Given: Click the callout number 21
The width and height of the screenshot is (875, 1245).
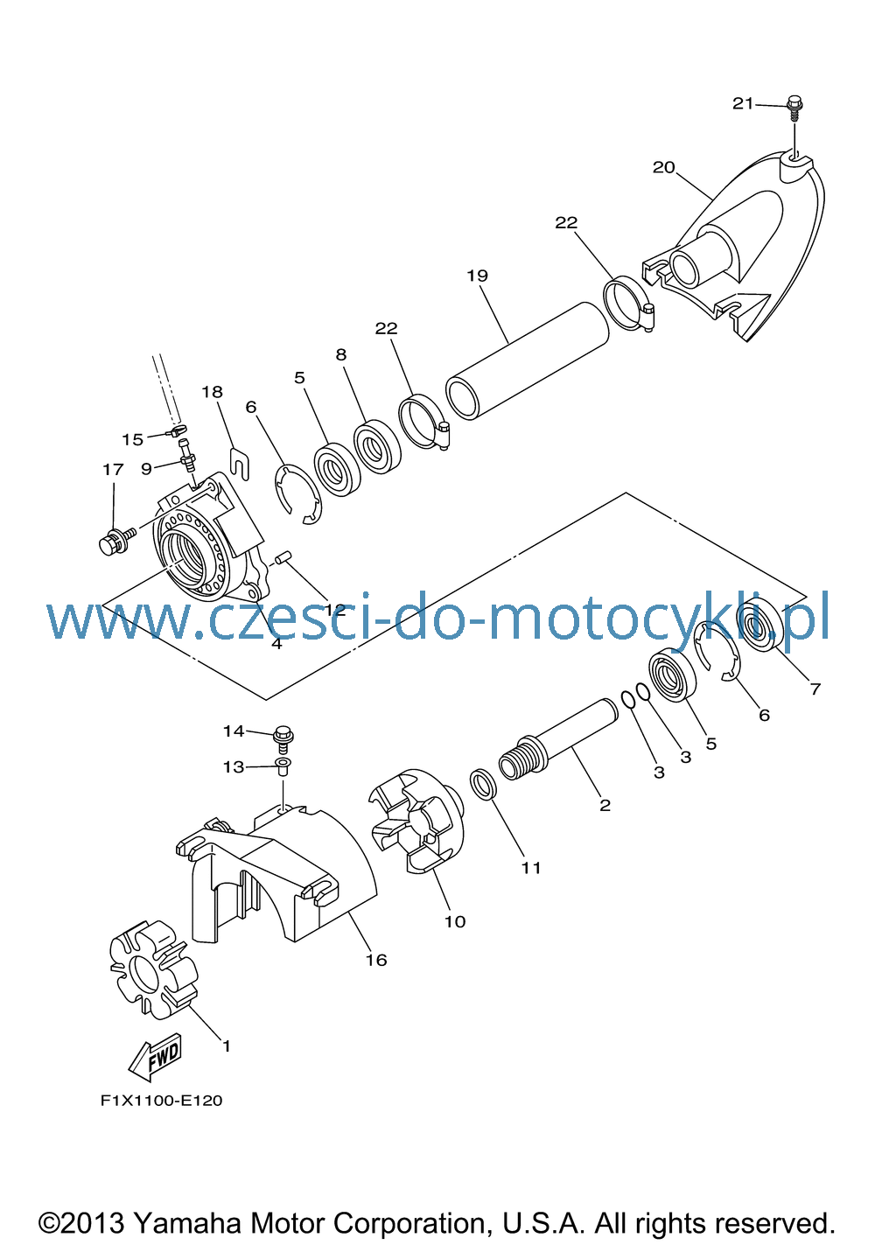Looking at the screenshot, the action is pos(742,103).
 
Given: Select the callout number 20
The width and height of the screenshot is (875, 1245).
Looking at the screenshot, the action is pos(663,167).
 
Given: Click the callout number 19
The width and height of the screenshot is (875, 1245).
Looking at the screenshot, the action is pos(477,276).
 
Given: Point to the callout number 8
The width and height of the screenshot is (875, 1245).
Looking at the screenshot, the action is pos(341,354).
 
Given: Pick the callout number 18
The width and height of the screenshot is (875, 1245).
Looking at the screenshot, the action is pos(212,392).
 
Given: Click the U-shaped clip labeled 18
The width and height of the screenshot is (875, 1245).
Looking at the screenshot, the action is pos(240,463).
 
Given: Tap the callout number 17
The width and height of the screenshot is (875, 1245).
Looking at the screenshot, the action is pos(113,470).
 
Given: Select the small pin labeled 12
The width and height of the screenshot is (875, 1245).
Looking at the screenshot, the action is pos(284,556).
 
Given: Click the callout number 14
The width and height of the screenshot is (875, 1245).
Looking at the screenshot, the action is pos(234,731).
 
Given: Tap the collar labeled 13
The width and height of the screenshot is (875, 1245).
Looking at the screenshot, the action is pos(283,766).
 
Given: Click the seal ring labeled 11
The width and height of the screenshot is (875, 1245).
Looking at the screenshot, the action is pos(483,785).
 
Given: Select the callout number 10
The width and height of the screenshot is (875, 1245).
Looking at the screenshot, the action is pos(455,921).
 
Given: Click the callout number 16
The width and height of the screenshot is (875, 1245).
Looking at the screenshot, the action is pos(375,960).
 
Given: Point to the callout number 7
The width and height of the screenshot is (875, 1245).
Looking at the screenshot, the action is pos(815,689).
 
